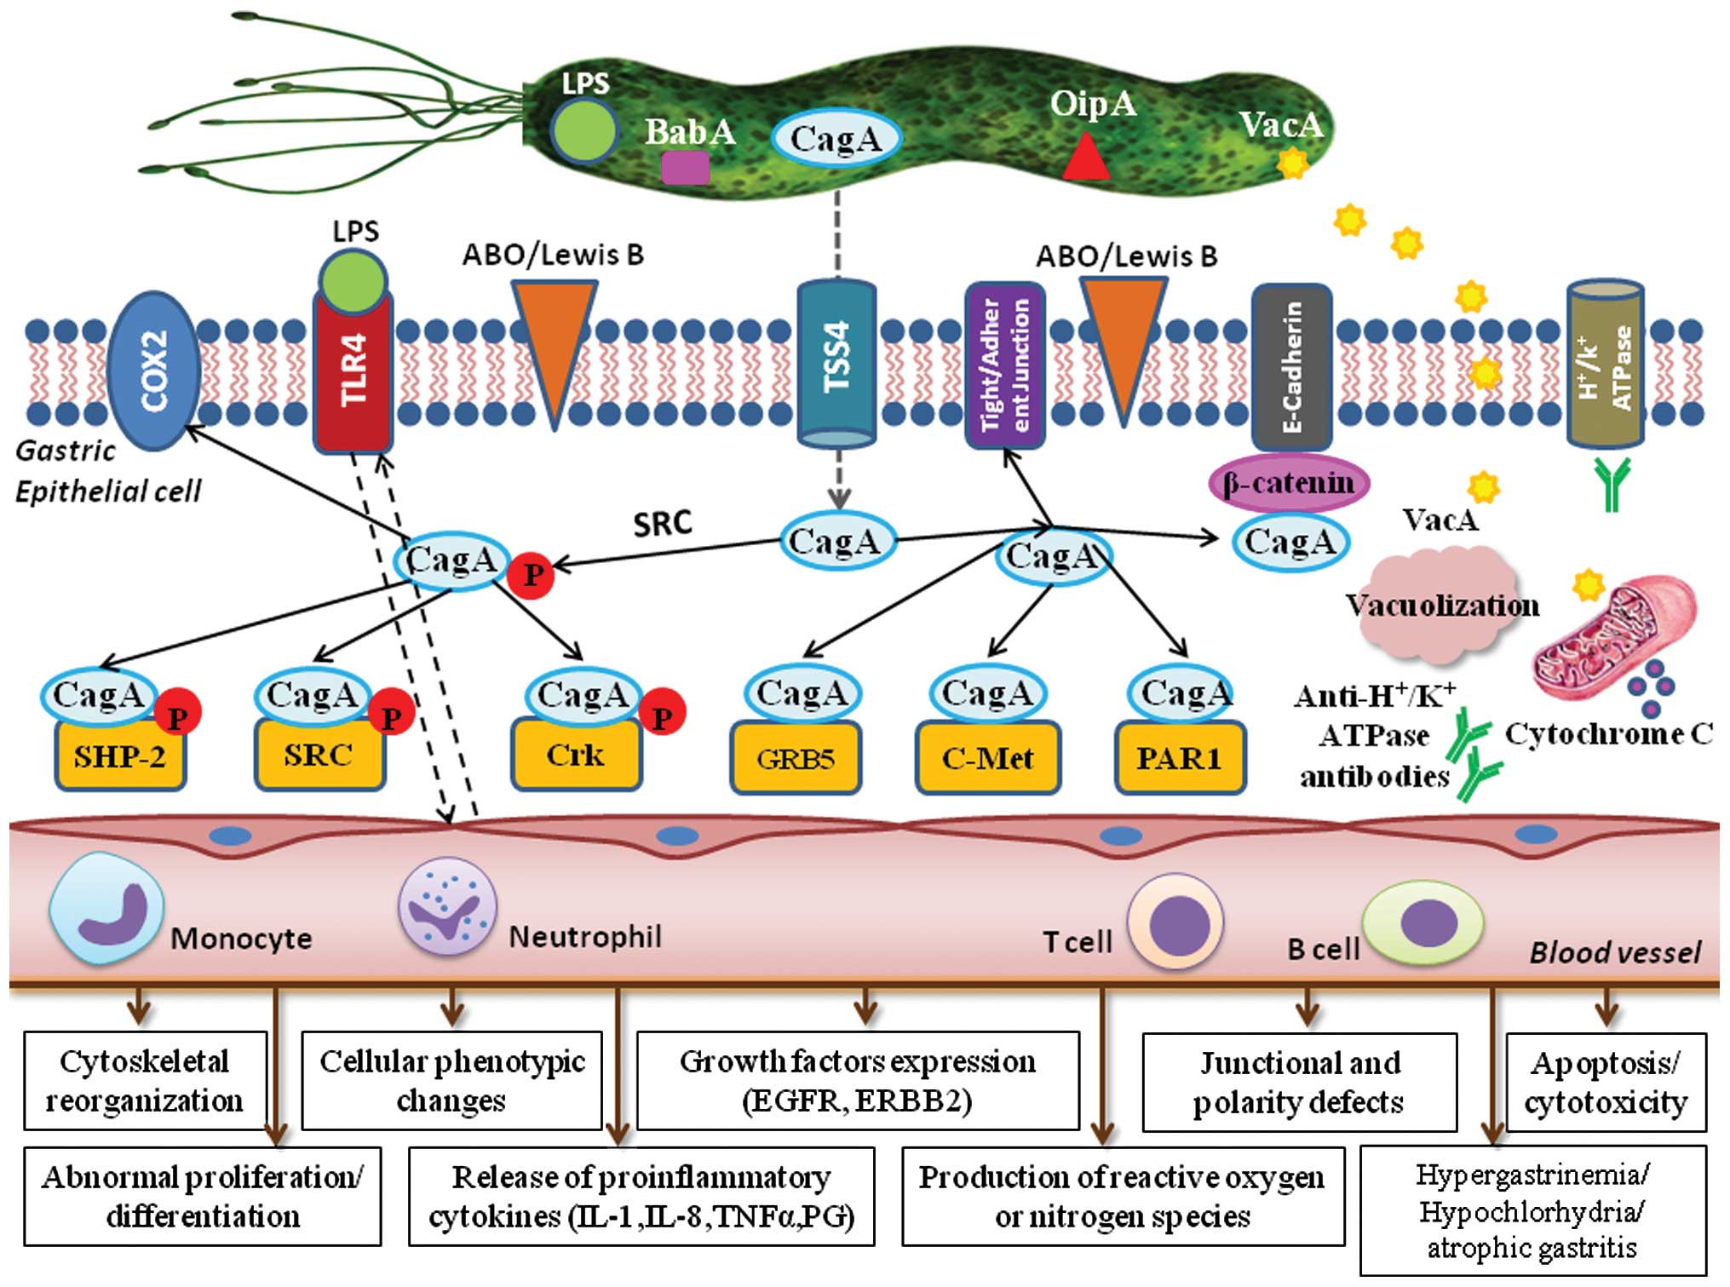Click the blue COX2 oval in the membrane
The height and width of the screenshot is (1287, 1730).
[x=154, y=371]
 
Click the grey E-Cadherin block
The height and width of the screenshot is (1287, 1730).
[x=1291, y=366]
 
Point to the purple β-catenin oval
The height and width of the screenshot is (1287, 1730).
[x=1288, y=484]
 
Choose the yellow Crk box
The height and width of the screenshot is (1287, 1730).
[x=576, y=756]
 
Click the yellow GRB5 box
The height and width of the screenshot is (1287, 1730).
[x=796, y=759]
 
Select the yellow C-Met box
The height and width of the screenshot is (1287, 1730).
[x=987, y=758]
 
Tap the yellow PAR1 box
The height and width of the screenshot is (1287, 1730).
[x=1180, y=758]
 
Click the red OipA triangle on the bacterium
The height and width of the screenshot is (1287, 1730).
[x=1086, y=159]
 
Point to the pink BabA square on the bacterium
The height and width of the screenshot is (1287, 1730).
[x=685, y=167]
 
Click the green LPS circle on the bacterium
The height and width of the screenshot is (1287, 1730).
[x=583, y=131]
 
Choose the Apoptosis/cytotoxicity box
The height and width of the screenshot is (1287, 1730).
[x=1606, y=1083]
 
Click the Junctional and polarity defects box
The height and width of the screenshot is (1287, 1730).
[x=1298, y=1083]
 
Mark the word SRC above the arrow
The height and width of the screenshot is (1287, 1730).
[x=662, y=524]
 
